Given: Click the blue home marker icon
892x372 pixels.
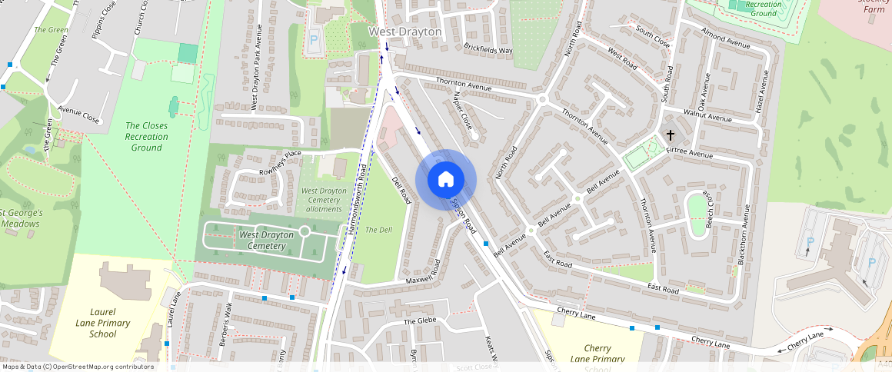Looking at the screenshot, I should [x=446, y=180].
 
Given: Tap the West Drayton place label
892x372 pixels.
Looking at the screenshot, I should [x=405, y=32].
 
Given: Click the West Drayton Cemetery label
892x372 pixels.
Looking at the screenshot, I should [x=267, y=240].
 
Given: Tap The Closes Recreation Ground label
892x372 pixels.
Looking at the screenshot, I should [x=147, y=136].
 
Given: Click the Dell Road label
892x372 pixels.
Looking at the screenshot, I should [x=401, y=191].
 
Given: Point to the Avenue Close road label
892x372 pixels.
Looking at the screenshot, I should [x=78, y=115].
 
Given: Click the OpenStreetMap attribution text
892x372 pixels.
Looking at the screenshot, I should [x=77, y=367].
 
